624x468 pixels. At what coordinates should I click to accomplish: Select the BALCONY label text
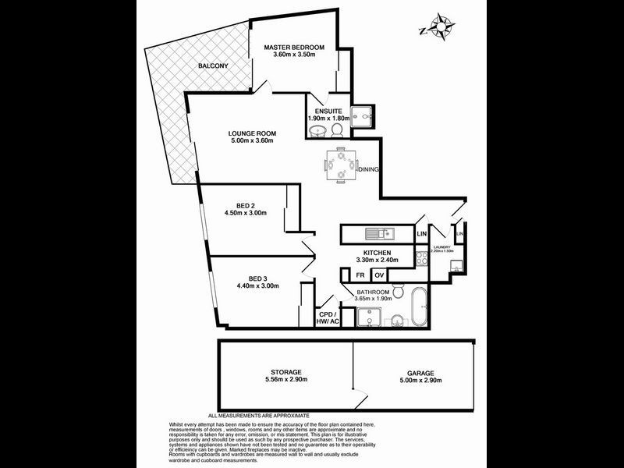tap(212, 66)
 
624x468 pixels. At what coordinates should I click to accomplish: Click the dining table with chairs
tap(341, 166)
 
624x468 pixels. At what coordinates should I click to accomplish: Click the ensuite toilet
tap(337, 129)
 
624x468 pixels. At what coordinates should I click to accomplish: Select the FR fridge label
tap(360, 275)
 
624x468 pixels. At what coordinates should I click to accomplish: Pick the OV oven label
tap(379, 275)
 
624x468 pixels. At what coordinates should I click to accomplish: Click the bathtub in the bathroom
tap(419, 308)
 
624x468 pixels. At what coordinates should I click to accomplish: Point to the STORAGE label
tap(285, 373)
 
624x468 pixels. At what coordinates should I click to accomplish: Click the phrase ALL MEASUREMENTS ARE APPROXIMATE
tap(258, 415)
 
